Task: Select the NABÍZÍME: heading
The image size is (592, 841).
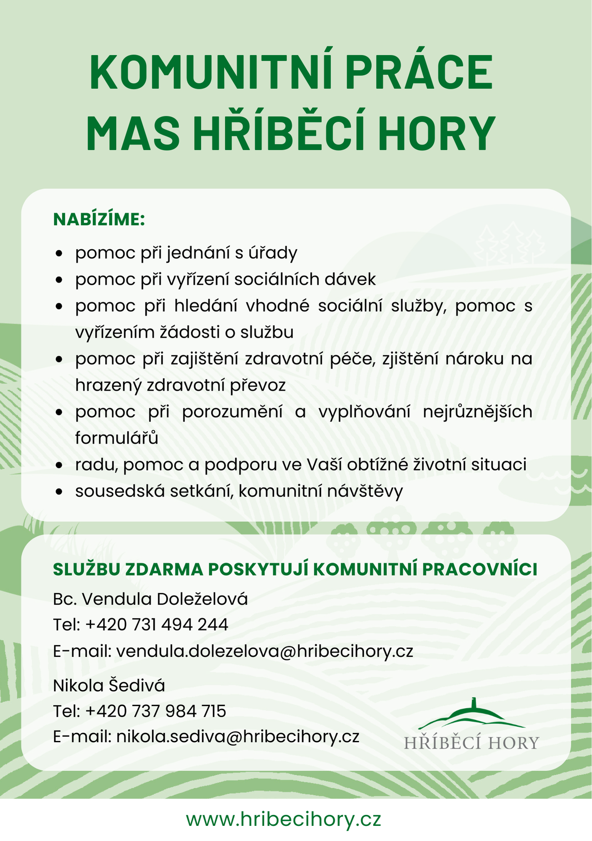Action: [99, 220]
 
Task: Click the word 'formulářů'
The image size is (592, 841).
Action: [117, 438]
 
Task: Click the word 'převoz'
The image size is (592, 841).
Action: [258, 385]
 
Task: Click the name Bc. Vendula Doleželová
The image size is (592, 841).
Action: [150, 599]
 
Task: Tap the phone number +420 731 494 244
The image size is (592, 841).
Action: [157, 625]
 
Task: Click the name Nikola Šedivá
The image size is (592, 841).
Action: [109, 685]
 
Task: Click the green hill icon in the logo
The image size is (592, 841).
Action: [472, 717]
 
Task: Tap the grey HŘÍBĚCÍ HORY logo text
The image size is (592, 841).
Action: [471, 743]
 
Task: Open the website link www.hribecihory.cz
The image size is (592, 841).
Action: [284, 820]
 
